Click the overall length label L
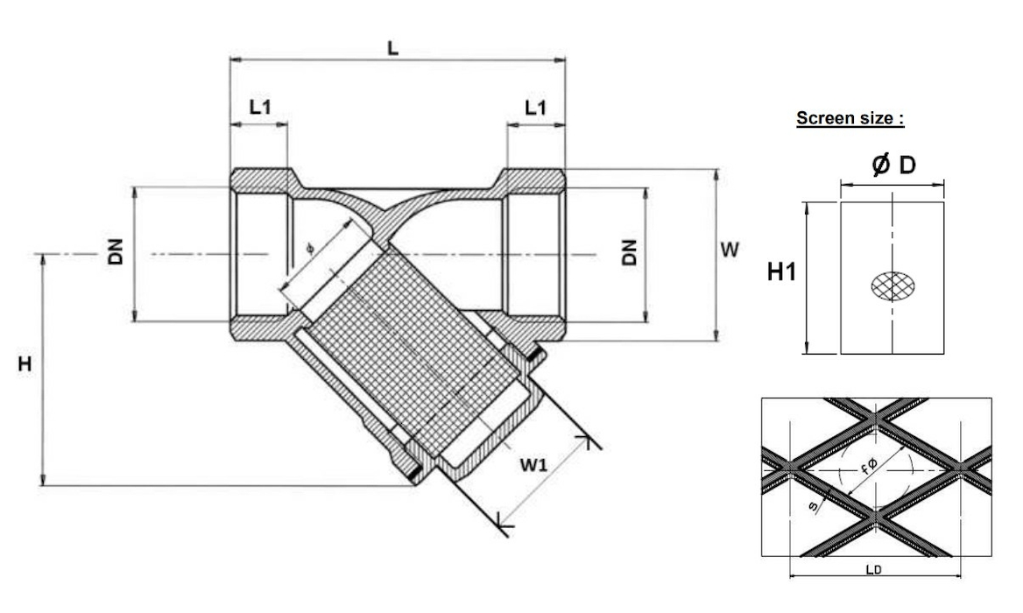393,49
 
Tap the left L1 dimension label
260,107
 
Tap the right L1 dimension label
535,107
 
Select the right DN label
631,253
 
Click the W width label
729,250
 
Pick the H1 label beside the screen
781,273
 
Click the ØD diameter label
893,165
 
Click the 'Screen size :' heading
849,119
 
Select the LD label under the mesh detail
873,570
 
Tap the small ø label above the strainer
308,250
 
